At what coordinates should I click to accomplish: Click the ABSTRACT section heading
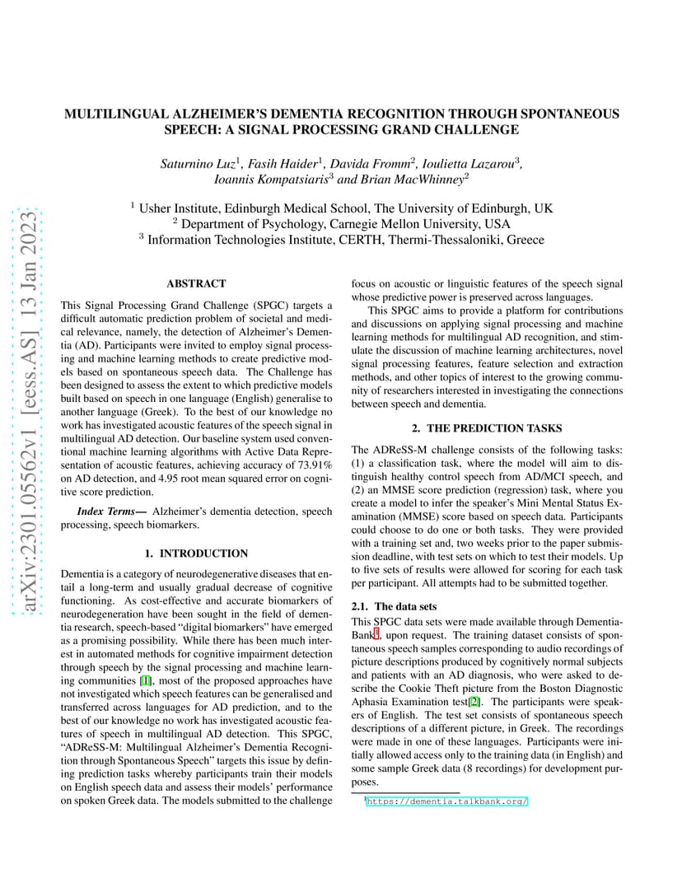tap(196, 283)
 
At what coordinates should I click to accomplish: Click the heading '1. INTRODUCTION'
tap(196, 553)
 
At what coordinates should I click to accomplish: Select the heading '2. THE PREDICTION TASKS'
tap(487, 428)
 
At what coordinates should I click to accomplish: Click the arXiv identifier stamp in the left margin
tap(29, 412)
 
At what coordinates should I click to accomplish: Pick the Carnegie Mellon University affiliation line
tap(341, 223)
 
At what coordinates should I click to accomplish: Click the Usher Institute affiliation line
tap(341, 208)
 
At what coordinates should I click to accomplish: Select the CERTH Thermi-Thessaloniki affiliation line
tap(341, 239)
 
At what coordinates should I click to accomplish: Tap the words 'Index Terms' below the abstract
tap(109, 512)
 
